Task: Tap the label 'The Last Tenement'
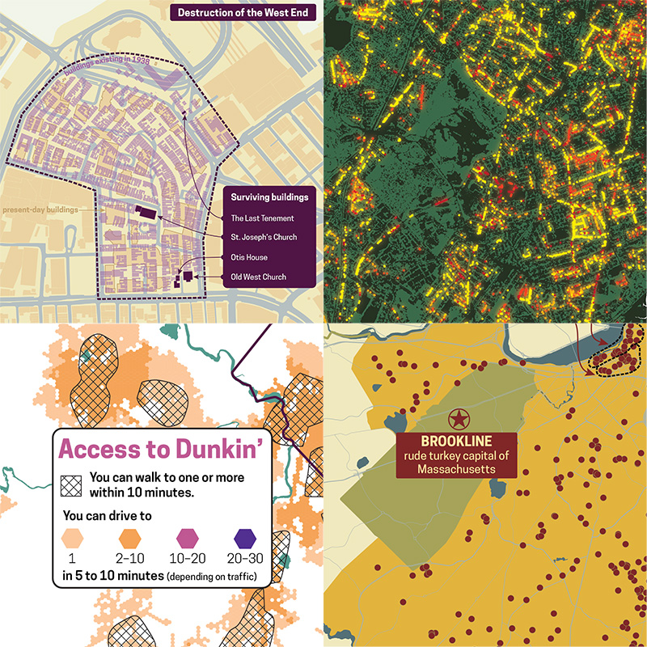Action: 262,218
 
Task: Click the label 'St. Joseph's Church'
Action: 264,238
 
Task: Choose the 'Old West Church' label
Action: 260,277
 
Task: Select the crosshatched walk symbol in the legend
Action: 71,484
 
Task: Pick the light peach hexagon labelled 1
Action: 74,536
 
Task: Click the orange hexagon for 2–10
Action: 131,536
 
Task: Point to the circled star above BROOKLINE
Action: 459,419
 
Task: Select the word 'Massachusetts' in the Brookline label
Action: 459,471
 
